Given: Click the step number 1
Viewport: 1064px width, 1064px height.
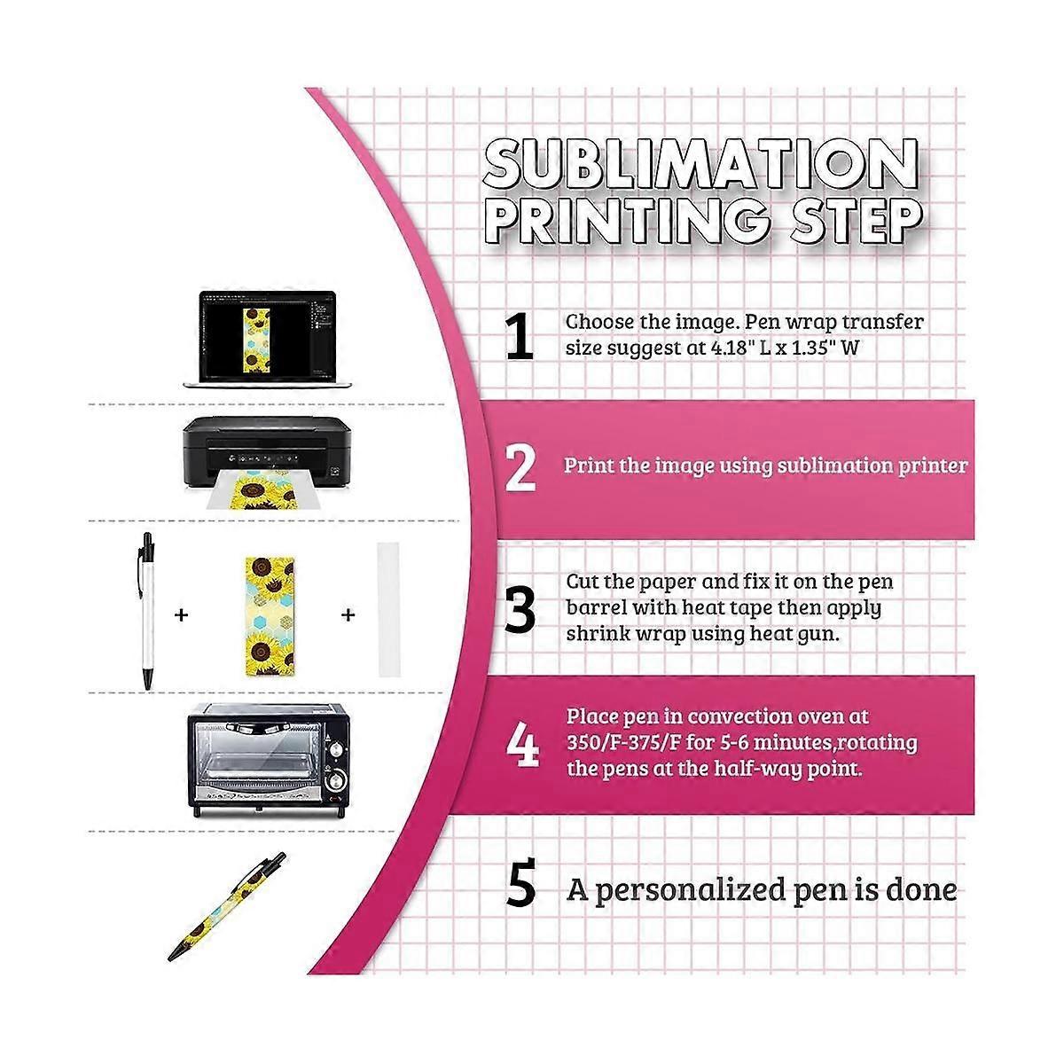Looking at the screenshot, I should coord(520,337).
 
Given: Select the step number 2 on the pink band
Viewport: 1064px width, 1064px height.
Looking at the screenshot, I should coord(520,468).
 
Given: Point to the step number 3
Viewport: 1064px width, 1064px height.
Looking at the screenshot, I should coord(520,609).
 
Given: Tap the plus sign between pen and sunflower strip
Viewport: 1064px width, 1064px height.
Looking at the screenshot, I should coord(182,614).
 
